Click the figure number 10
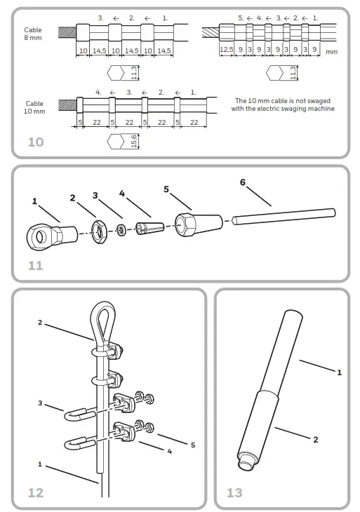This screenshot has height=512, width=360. [x=35, y=142]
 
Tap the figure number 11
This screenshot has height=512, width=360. [x=35, y=265]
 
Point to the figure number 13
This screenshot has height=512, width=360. [x=234, y=492]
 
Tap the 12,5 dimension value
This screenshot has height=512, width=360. [x=225, y=50]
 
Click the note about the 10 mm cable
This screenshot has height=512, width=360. [x=284, y=105]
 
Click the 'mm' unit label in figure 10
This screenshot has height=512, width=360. [x=333, y=51]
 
